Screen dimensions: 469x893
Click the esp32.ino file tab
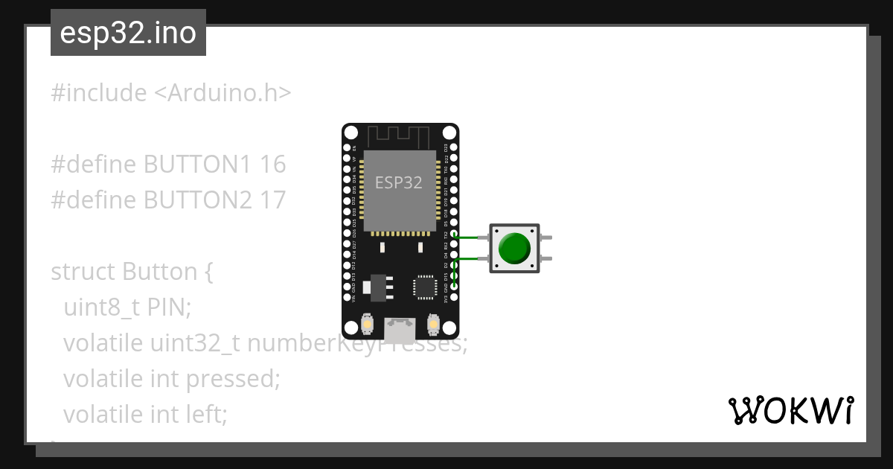coord(128,33)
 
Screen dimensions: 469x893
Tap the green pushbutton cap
coord(514,248)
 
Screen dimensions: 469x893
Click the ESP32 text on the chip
coord(398,182)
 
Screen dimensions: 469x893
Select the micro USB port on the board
coord(400,328)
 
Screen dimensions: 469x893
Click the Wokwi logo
coord(790,410)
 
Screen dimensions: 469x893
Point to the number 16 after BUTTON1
coord(273,165)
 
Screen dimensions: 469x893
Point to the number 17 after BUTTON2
coord(273,200)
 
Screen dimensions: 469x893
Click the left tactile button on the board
coord(367,325)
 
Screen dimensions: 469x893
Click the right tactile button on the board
coord(433,325)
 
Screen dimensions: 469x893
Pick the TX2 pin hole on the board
coord(454,234)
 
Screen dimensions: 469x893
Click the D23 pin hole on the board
coord(454,148)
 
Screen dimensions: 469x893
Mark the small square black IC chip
coord(425,287)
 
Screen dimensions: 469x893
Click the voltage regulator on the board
coord(378,287)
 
